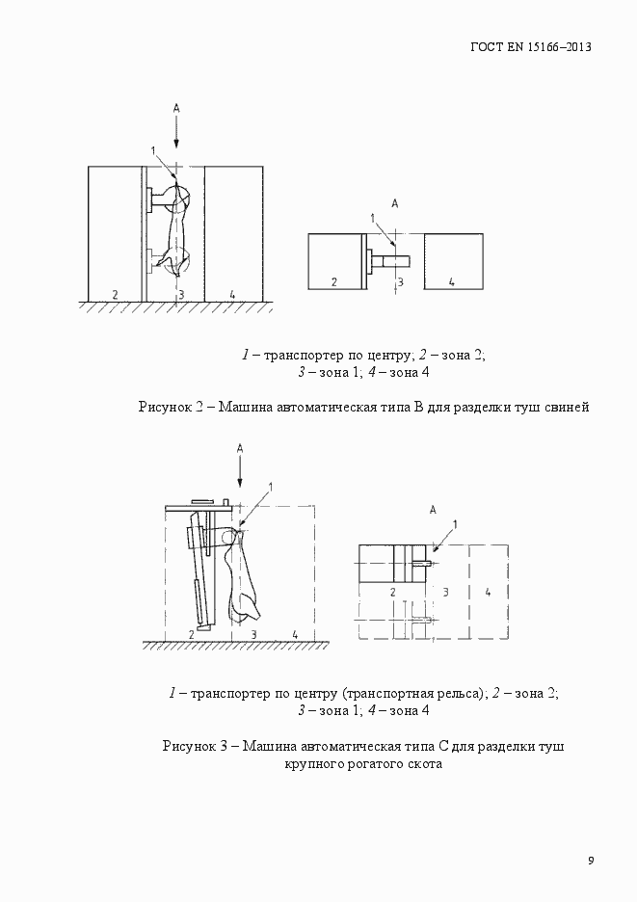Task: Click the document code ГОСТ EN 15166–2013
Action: click(530, 46)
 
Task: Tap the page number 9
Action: click(591, 861)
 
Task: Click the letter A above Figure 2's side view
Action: click(176, 110)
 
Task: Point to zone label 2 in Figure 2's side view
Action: click(115, 293)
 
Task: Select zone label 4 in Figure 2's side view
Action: click(232, 293)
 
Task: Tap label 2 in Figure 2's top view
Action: click(333, 281)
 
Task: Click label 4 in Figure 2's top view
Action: click(451, 281)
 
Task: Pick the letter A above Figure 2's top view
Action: click(394, 203)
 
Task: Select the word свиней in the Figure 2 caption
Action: click(567, 407)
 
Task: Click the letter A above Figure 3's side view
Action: click(240, 448)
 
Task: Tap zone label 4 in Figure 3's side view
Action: click(295, 633)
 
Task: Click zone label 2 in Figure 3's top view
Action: click(393, 592)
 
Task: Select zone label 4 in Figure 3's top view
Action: click(488, 592)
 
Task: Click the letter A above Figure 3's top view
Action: click(434, 509)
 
